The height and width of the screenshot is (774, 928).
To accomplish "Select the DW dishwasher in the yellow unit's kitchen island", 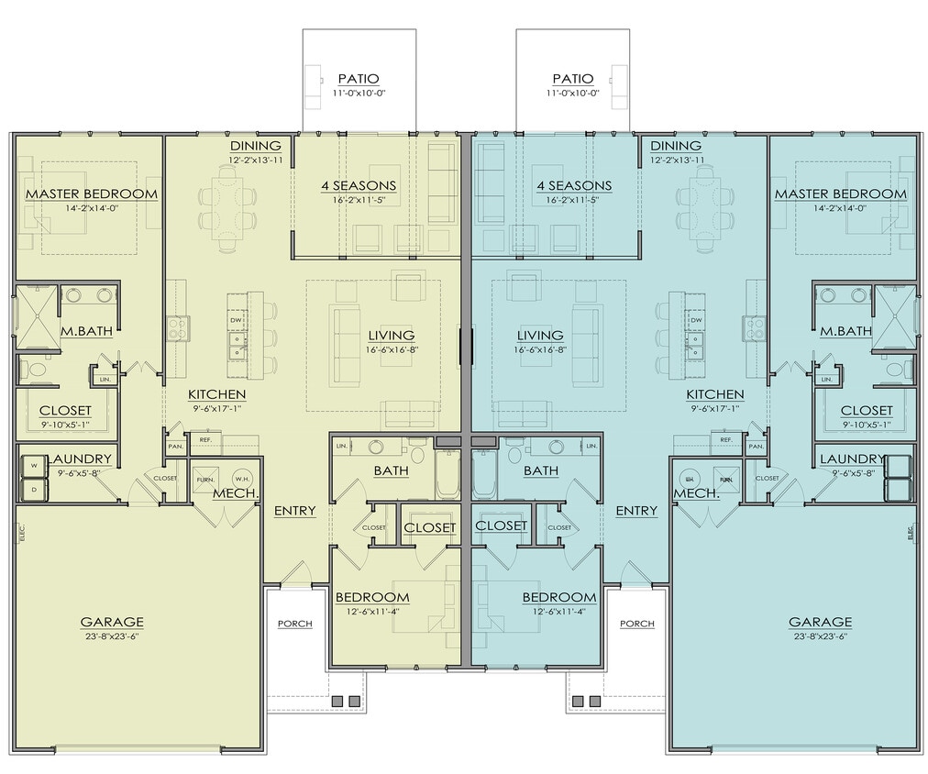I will click(x=236, y=320).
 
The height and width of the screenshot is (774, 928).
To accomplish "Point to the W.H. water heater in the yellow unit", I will click(x=242, y=479).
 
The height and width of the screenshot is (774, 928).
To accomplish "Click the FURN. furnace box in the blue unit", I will click(x=725, y=479).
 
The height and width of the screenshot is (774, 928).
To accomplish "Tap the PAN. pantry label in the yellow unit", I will click(x=175, y=447).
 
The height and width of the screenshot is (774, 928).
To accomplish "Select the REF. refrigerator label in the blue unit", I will click(x=725, y=440).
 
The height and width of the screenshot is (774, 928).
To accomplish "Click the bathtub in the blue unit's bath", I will click(x=483, y=474).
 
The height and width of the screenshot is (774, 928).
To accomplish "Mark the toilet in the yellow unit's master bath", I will click(x=35, y=370).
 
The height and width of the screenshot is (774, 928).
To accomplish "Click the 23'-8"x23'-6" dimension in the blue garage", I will click(x=820, y=636).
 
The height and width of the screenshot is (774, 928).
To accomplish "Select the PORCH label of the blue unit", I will click(x=636, y=624).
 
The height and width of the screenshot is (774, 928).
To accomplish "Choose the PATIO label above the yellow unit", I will click(x=358, y=79).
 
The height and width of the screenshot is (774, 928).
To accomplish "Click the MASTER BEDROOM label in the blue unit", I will click(x=840, y=193).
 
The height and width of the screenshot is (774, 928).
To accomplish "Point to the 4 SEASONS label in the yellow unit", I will click(x=358, y=185).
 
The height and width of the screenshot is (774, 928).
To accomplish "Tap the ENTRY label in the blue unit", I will click(x=636, y=511).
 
